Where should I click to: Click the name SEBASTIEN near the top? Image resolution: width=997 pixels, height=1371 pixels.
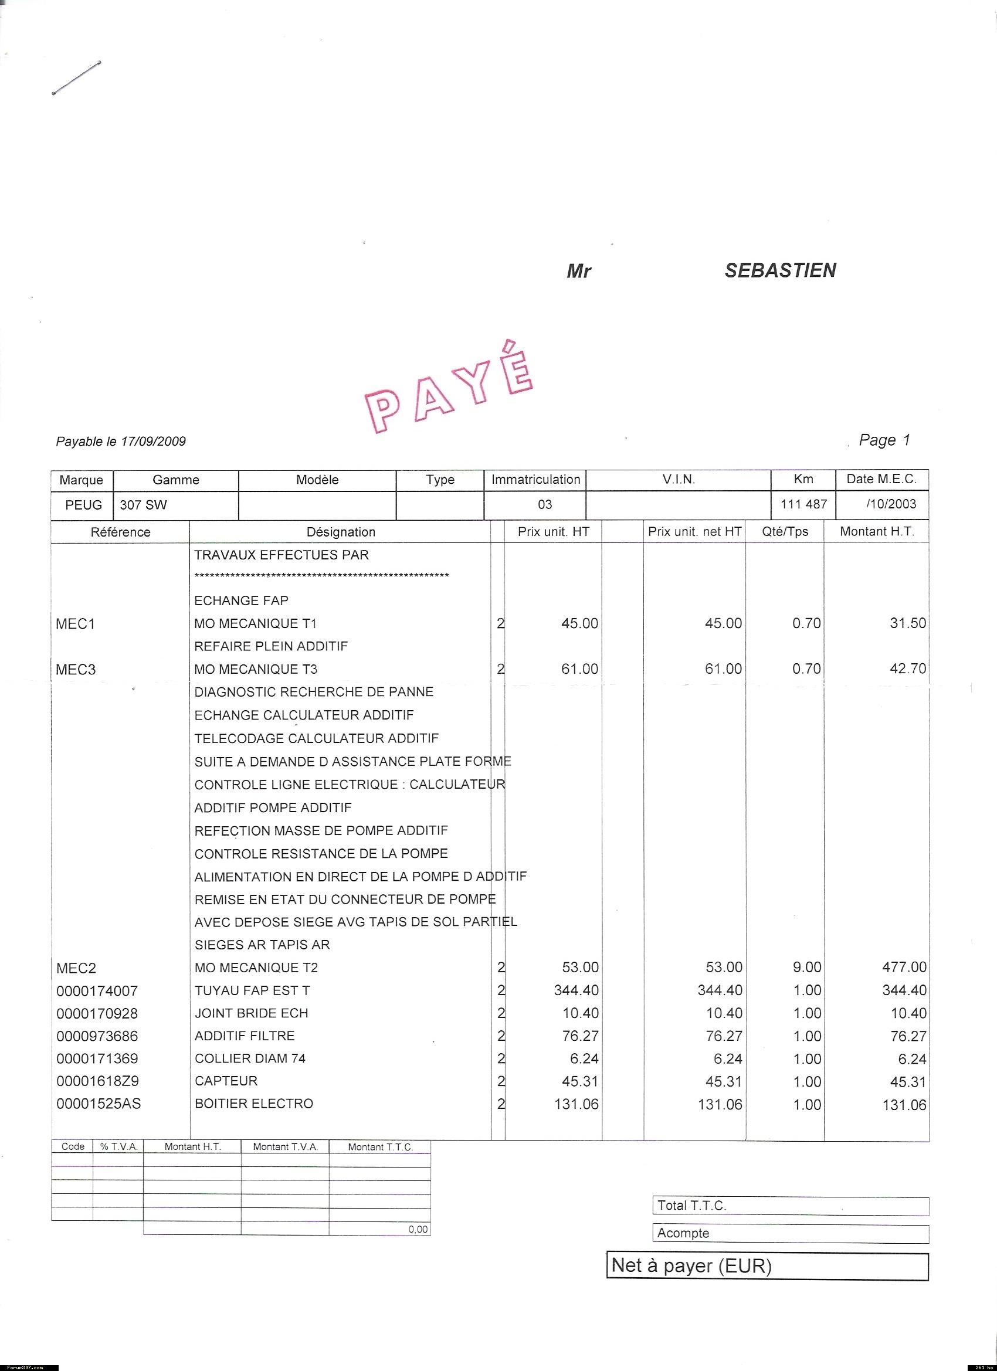pos(780,270)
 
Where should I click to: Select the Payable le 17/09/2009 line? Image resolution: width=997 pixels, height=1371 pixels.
pos(121,442)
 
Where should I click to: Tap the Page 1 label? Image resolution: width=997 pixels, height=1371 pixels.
pos(884,440)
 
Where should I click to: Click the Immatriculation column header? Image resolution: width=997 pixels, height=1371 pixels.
pos(535,479)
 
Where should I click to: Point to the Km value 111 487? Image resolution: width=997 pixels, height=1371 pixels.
pos(803,504)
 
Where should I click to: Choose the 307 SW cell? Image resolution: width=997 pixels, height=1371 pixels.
pos(143,505)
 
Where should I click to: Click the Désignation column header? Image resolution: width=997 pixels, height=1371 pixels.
pos(341,532)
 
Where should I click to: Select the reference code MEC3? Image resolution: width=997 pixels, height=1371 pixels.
pos(76,670)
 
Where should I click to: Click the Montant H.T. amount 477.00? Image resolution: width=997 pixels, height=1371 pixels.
pos(904,967)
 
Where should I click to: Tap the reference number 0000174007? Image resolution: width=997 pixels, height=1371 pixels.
pos(97,991)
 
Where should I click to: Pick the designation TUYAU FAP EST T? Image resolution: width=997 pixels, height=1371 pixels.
pos(252,990)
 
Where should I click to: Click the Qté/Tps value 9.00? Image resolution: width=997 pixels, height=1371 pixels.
pos(806,967)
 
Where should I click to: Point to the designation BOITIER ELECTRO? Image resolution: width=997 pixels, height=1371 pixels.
pos(254,1104)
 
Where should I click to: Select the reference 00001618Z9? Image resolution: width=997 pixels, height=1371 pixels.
pos(97,1081)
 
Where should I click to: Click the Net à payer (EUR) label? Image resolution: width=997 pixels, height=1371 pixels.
pos(691,1265)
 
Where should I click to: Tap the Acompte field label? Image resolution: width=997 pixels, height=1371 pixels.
pos(683,1233)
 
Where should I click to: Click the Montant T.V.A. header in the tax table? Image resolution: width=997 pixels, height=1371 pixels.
pos(286,1147)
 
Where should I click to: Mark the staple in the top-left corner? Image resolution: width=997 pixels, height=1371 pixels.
pos(77,78)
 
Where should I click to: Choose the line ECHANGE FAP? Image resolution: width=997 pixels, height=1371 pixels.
pos(241,600)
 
